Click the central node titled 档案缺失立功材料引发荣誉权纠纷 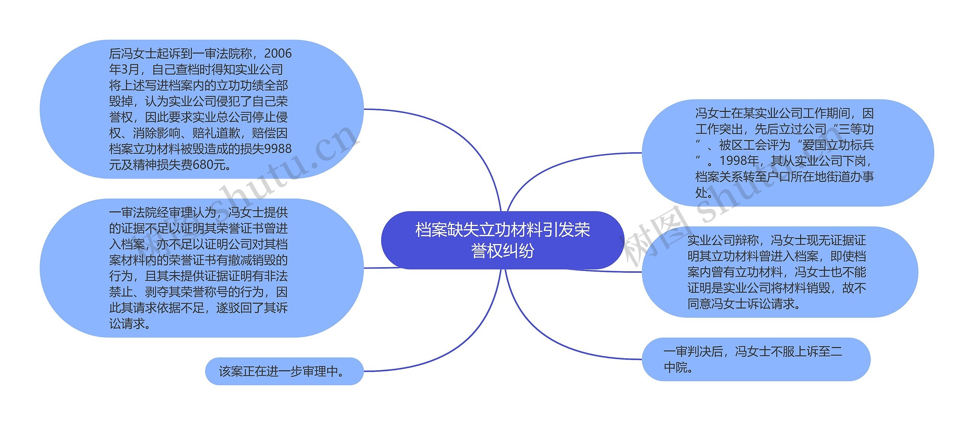coord(502,240)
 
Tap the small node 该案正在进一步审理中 coord(284,371)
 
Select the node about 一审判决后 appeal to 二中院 coord(756,359)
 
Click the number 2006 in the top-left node coord(278,54)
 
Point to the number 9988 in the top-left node coord(278,149)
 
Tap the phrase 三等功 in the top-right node coord(856,129)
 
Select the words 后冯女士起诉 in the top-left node coord(145,54)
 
